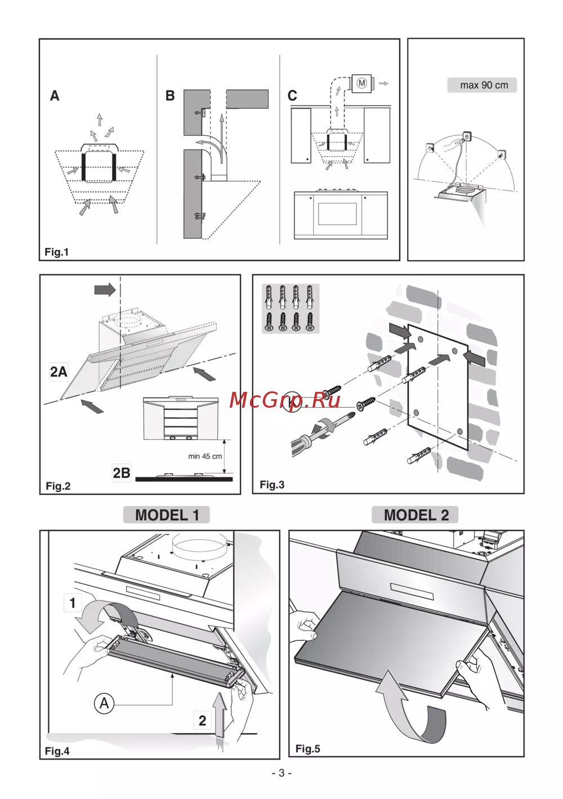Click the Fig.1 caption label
(x=57, y=252)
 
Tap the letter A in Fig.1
(x=55, y=96)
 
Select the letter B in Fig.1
(x=170, y=96)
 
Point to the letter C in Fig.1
(x=292, y=96)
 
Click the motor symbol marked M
(x=362, y=83)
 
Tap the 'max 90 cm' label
(x=483, y=86)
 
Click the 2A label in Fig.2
(x=59, y=372)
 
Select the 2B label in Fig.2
(x=121, y=473)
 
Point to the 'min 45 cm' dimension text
(x=205, y=457)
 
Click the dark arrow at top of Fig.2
(x=105, y=290)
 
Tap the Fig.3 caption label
(x=272, y=485)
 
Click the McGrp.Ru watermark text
(x=285, y=400)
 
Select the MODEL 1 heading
(x=167, y=515)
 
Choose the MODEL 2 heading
(x=416, y=515)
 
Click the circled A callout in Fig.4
(x=104, y=704)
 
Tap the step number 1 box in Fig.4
(x=72, y=603)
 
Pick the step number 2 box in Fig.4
(x=202, y=720)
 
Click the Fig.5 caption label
(x=308, y=749)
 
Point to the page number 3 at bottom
(x=281, y=773)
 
